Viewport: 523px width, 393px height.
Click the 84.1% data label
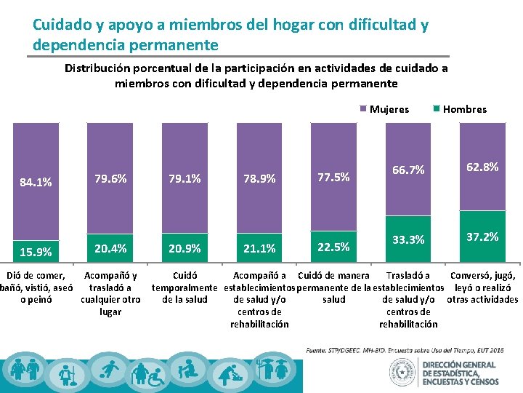(x=36, y=183)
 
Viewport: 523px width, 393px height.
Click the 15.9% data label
(x=36, y=253)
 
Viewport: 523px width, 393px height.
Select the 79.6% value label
(x=110, y=178)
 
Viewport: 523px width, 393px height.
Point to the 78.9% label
(x=259, y=178)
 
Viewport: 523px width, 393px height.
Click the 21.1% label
(x=259, y=249)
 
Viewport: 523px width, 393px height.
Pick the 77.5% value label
(x=334, y=177)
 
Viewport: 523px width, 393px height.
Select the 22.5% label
(x=334, y=247)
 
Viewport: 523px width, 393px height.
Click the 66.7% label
(x=409, y=170)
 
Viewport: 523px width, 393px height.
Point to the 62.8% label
(x=483, y=167)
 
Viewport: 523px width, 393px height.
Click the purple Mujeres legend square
(x=365, y=109)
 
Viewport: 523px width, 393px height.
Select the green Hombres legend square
(x=437, y=109)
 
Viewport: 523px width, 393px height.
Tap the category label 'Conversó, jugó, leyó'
(x=483, y=287)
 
